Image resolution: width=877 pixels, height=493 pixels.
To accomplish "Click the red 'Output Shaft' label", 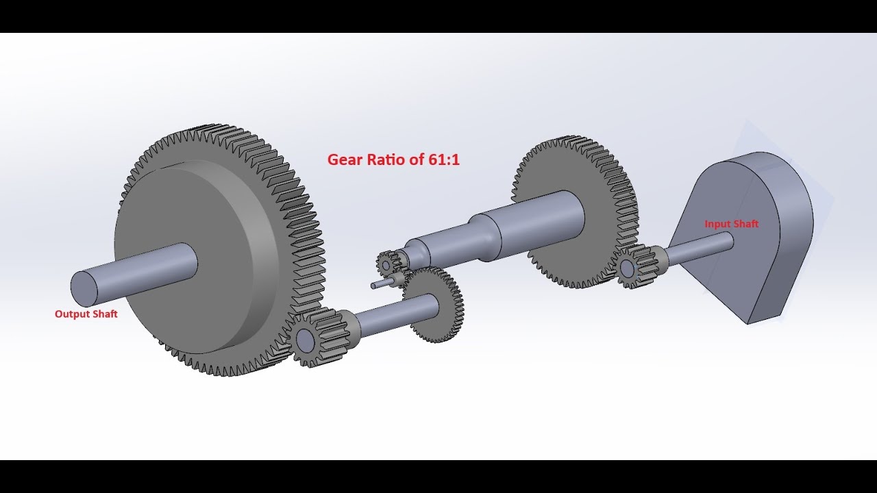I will coord(86,314).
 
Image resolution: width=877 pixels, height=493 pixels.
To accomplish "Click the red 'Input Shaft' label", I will coord(731,224).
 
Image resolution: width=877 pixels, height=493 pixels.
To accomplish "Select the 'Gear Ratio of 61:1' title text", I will coord(393,160).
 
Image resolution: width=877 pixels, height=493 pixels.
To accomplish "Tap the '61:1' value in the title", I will coord(443,160).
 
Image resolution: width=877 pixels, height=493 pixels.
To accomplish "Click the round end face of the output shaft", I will coord(84,288).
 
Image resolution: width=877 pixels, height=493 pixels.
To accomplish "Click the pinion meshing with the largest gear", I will coord(315,337).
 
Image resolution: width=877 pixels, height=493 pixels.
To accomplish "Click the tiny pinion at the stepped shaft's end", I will coord(387,263).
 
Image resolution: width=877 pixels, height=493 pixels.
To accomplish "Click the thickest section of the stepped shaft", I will coord(541,223).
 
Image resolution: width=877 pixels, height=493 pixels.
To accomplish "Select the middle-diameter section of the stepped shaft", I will coord(445,240).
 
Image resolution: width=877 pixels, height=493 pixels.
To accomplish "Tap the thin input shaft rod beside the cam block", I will coord(699,248).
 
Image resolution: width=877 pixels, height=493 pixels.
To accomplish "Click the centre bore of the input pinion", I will coord(626,268).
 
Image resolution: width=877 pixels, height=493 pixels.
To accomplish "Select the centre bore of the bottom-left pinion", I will coord(304,339).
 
